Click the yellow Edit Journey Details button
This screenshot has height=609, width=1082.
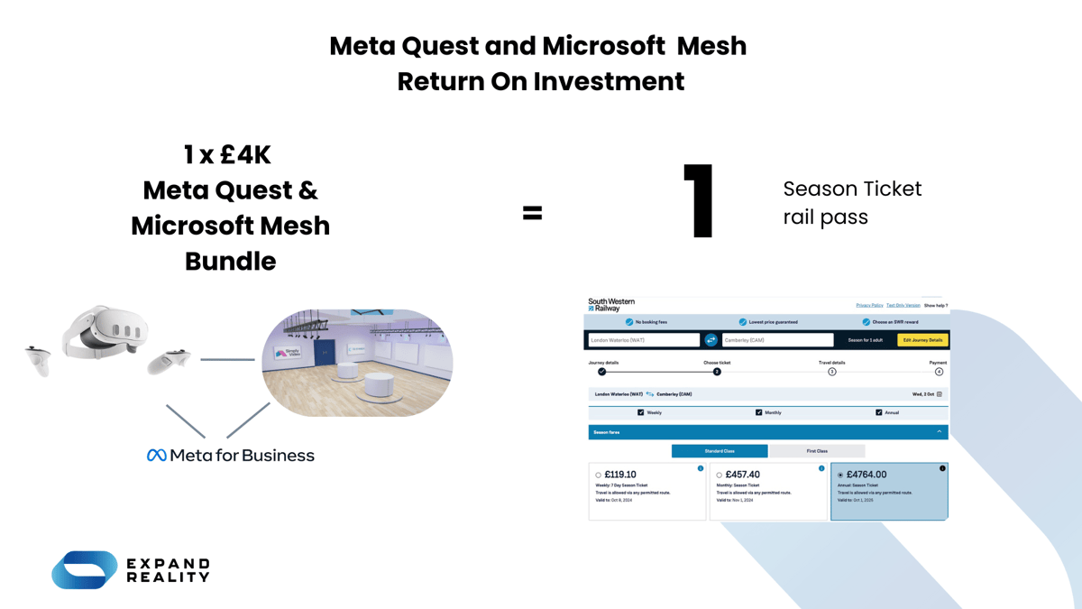(x=922, y=340)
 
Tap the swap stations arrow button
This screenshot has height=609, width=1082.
(x=711, y=340)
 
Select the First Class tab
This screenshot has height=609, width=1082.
(x=817, y=450)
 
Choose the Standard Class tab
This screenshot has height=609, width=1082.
(x=720, y=450)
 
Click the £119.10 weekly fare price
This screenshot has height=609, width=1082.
(x=620, y=475)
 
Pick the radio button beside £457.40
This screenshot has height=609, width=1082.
(x=719, y=475)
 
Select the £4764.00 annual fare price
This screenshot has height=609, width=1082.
(x=867, y=475)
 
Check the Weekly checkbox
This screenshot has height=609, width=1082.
(x=641, y=412)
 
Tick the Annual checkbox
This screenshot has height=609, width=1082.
(x=878, y=412)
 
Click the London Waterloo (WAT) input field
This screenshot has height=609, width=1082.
(x=644, y=340)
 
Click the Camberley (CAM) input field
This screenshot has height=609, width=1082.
(x=777, y=340)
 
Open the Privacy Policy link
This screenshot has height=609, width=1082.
(x=869, y=306)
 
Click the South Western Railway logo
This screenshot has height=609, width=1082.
(x=610, y=305)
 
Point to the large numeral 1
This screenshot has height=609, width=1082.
(x=700, y=201)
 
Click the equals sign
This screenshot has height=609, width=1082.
(x=533, y=213)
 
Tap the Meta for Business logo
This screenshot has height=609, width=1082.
(x=231, y=456)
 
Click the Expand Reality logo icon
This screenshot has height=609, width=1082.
(x=85, y=570)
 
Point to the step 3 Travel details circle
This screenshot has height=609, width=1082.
(x=832, y=372)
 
